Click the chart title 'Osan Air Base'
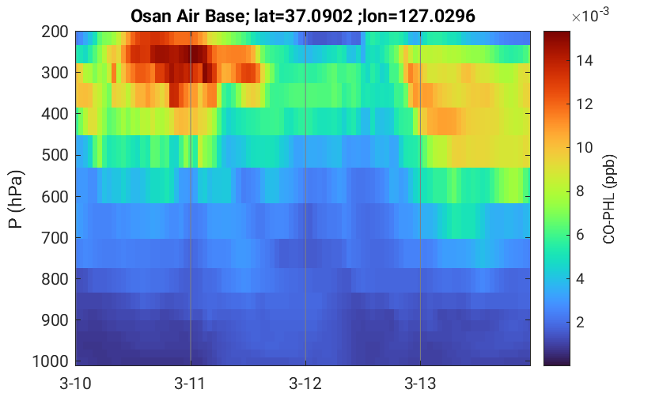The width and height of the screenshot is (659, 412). [187, 17]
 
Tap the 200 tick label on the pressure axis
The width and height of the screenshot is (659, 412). [55, 32]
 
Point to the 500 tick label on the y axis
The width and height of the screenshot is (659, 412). [55, 155]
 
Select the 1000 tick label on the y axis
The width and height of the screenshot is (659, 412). [51, 361]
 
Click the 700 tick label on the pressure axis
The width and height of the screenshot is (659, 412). [55, 238]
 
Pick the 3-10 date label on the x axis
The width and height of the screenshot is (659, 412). [75, 384]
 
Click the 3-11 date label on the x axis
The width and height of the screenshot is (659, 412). [190, 384]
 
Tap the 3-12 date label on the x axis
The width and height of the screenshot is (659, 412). [305, 384]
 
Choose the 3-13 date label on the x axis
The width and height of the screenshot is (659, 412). [420, 384]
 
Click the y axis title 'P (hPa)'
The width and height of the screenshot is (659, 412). [16, 199]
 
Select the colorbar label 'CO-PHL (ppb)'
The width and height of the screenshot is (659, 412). [609, 199]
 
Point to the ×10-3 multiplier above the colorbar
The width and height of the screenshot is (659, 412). [590, 15]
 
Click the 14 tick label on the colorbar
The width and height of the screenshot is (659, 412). [585, 61]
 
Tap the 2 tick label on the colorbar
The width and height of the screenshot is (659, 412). [581, 323]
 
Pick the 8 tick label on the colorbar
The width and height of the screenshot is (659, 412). [581, 191]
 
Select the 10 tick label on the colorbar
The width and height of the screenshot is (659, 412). [585, 148]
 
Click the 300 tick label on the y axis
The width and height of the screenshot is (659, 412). [55, 73]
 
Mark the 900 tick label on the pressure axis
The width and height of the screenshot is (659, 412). [55, 320]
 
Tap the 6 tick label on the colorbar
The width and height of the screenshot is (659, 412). [581, 235]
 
